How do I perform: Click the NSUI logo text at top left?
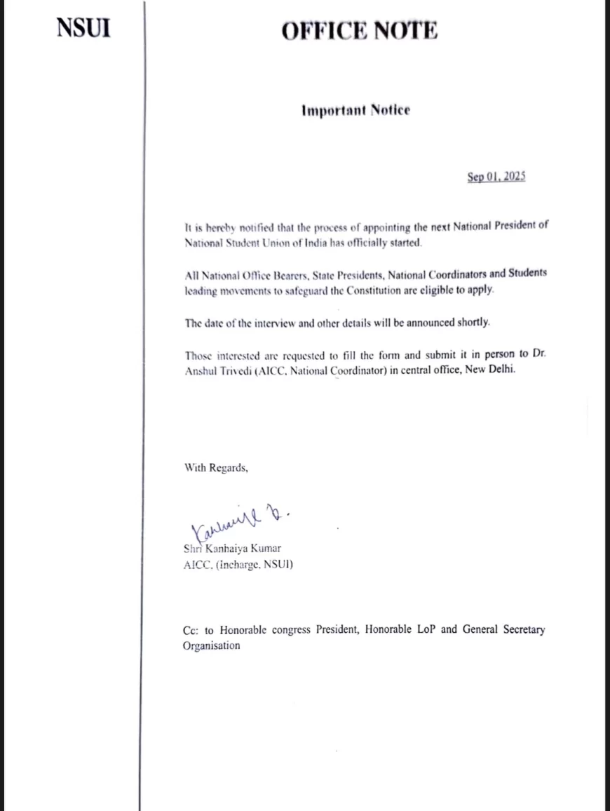click(x=83, y=29)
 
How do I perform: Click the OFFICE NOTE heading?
click(x=360, y=31)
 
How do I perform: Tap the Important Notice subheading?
click(x=355, y=110)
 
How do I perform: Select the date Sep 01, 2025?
click(x=496, y=177)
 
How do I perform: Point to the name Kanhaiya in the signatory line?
click(x=222, y=549)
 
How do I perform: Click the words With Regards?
click(x=216, y=467)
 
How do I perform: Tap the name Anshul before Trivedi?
click(x=201, y=370)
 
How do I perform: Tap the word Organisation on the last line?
click(x=211, y=645)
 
